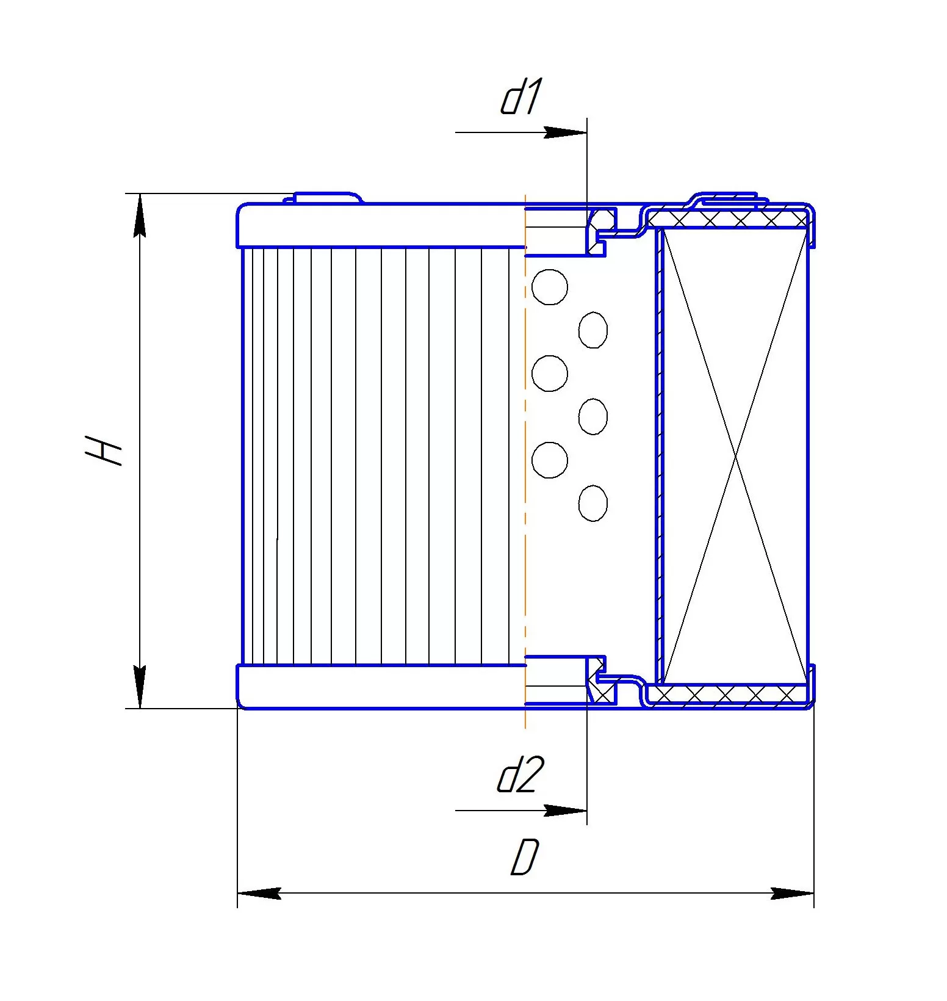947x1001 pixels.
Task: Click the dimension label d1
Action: pos(520,96)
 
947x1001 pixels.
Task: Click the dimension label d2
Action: pos(519,775)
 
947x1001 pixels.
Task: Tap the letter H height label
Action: pos(104,450)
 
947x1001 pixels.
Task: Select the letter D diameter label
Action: pos(525,857)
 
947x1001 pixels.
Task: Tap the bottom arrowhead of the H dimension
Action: pos(140,687)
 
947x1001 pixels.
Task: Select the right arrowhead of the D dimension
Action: pos(792,894)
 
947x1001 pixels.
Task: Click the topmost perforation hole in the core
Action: pos(550,287)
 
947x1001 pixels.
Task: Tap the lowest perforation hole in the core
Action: pos(593,503)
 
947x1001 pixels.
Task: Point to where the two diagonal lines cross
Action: pos(735,456)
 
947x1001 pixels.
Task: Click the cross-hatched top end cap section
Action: pos(726,218)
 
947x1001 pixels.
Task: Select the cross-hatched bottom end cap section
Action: pos(726,694)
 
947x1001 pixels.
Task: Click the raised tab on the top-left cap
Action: pos(323,198)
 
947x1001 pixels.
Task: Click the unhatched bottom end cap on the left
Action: pos(381,687)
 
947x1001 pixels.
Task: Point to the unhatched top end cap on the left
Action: pos(381,226)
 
